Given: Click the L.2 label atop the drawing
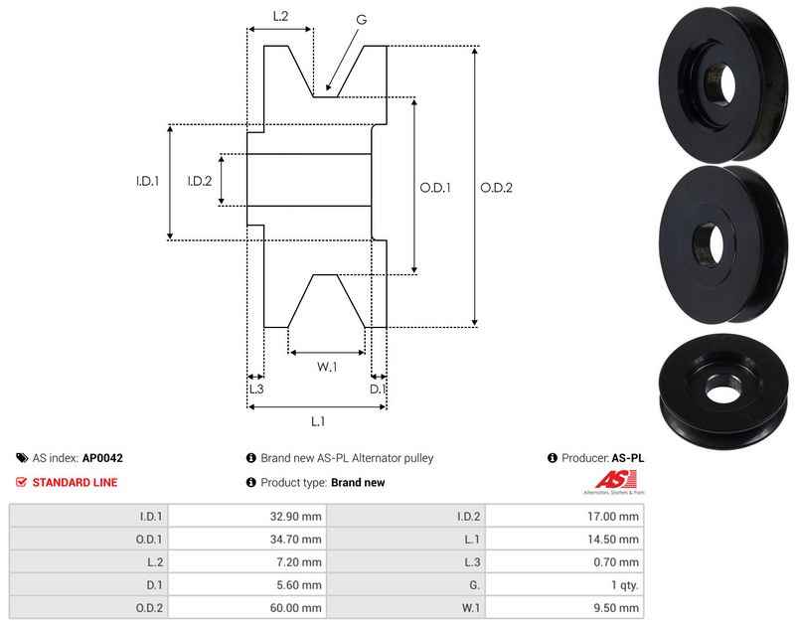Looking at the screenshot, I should tap(280, 16).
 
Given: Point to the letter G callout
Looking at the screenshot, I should tap(361, 19).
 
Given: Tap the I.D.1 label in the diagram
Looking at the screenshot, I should tap(148, 181).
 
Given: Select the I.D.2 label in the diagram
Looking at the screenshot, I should tap(200, 181).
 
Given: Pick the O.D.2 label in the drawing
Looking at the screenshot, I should tap(496, 187).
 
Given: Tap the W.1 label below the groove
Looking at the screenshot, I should tap(327, 368).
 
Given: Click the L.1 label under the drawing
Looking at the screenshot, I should tap(318, 421).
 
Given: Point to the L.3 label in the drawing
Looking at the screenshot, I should tap(254, 389).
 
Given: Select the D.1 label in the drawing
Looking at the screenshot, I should tap(379, 389).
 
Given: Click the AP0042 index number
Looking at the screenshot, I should tap(102, 459).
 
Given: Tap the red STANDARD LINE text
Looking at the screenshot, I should tap(75, 483).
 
